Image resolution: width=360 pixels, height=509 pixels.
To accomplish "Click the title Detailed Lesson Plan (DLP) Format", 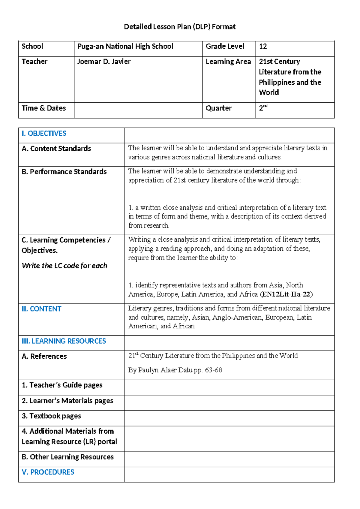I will [x=180, y=27].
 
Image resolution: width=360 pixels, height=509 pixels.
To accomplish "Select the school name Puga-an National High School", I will [x=125, y=46].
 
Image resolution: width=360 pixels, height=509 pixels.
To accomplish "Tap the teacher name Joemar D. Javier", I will [x=104, y=62].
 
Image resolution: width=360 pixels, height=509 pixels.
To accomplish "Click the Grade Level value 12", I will [x=263, y=46].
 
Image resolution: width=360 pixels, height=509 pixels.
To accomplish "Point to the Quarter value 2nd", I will [x=263, y=108].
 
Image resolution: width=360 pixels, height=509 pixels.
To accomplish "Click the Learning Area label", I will [x=228, y=62].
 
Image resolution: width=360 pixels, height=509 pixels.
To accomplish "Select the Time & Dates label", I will [x=44, y=108].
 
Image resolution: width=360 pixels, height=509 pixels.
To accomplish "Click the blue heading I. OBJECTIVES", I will [x=44, y=134].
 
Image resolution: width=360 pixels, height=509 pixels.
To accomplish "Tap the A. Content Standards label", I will [x=56, y=149].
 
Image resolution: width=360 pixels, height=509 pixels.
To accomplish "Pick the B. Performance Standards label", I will [x=64, y=172].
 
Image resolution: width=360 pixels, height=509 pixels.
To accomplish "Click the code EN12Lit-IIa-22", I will [x=286, y=294].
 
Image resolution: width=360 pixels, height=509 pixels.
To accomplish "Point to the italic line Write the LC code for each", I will [x=64, y=266].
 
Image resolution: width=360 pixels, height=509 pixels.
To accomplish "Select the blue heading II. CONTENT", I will [x=41, y=309].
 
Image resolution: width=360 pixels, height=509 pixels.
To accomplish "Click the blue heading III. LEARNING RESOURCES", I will [x=64, y=341].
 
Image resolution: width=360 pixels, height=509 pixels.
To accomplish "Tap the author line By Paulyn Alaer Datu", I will [x=175, y=370].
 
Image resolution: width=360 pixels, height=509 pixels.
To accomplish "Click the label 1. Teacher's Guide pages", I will [x=62, y=385].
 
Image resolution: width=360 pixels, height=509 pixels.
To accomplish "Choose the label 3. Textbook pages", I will [x=51, y=416].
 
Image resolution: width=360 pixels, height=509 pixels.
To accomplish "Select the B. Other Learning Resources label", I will [x=68, y=457].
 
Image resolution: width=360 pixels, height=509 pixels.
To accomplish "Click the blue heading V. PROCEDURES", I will [x=48, y=472].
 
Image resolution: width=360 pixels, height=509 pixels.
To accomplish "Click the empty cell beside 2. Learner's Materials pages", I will [x=229, y=402].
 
